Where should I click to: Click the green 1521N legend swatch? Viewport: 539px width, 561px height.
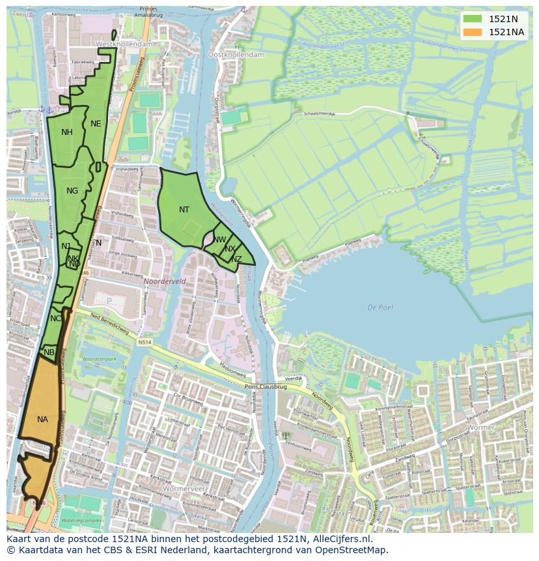[473, 19]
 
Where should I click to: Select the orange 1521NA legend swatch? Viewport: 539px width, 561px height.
[473, 32]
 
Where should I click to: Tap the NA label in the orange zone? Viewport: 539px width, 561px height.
[42, 420]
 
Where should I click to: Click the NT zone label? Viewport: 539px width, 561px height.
[184, 210]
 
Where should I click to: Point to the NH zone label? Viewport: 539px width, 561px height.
[67, 132]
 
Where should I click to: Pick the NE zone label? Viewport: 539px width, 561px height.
[96, 124]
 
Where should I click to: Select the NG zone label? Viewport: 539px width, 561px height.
[72, 191]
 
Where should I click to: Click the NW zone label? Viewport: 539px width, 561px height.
[219, 240]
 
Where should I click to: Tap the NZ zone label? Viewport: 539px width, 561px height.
[236, 259]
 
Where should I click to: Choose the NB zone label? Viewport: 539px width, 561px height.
[49, 352]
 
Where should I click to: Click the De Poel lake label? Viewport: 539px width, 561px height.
[380, 308]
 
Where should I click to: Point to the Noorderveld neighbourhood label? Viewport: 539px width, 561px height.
[165, 281]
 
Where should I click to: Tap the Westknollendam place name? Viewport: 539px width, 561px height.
[124, 44]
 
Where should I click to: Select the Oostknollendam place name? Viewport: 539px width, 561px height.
[236, 55]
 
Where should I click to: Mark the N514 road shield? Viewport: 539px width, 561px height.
[145, 341]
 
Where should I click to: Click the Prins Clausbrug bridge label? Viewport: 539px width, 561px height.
[265, 386]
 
